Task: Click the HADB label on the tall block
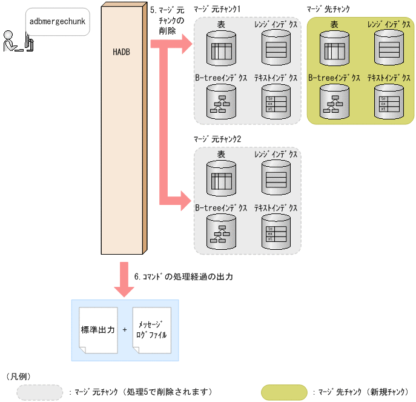(x=121, y=52)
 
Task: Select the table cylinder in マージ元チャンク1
(x=222, y=47)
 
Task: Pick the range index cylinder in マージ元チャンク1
(x=276, y=47)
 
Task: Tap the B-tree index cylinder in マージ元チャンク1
(x=222, y=101)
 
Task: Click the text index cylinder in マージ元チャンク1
(x=276, y=101)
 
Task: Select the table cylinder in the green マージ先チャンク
(x=335, y=47)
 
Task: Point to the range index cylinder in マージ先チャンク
(x=389, y=47)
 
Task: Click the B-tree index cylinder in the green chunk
(x=335, y=101)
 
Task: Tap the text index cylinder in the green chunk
(x=389, y=101)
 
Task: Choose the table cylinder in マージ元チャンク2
(x=222, y=178)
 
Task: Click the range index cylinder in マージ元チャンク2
(x=276, y=178)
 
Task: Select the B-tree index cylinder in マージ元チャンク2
(x=222, y=231)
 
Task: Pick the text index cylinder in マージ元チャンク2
(x=276, y=231)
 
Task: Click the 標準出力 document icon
(x=98, y=331)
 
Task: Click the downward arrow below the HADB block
(x=124, y=280)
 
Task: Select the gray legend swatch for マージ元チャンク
(x=39, y=392)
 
